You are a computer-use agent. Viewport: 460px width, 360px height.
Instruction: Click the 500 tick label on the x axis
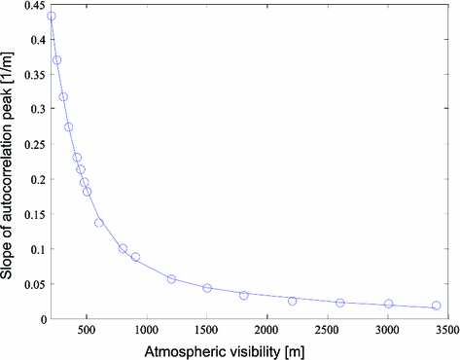click(87, 331)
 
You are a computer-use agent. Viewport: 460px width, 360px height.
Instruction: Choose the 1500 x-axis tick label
click(206, 331)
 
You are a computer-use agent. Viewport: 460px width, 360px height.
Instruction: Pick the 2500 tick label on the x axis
click(327, 331)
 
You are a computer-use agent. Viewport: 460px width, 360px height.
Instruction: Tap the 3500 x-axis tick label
click(445, 331)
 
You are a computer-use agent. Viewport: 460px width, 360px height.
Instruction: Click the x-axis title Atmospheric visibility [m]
click(249, 350)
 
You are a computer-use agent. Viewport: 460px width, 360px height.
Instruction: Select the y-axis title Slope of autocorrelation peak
click(9, 163)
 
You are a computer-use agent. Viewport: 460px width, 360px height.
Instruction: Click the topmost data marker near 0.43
click(52, 16)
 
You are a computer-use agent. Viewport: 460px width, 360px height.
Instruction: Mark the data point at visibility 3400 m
click(437, 306)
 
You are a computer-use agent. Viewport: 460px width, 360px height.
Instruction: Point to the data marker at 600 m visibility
click(99, 223)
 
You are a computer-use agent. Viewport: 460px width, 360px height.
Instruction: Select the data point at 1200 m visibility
click(171, 279)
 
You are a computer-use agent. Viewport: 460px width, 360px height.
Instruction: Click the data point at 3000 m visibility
click(389, 304)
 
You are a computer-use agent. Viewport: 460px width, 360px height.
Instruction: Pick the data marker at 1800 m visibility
click(244, 295)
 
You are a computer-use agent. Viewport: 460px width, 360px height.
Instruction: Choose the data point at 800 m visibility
click(123, 248)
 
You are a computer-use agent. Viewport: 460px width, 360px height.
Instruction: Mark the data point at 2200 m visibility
click(292, 301)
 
